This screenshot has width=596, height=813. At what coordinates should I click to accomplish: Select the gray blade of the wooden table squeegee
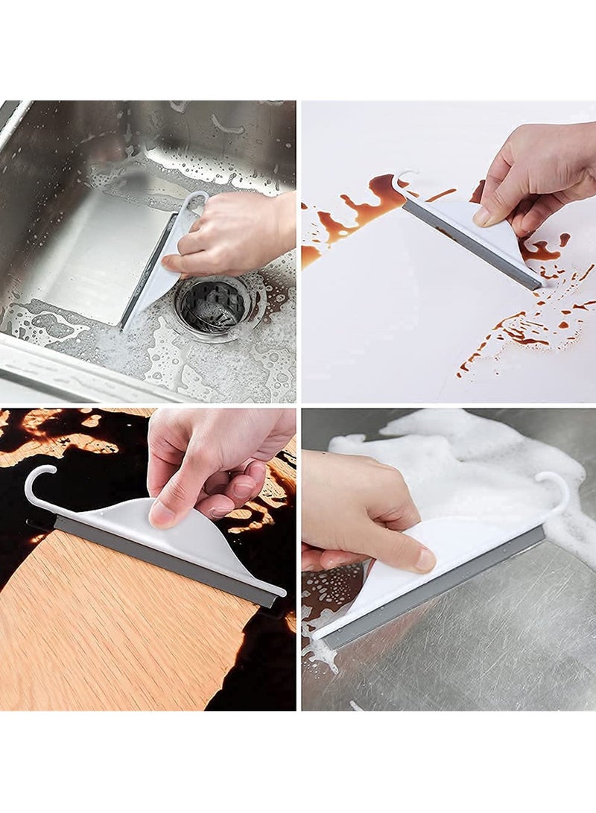(164, 559)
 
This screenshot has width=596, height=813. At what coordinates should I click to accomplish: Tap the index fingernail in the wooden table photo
(160, 514)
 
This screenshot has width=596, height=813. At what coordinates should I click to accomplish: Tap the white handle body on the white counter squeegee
(484, 231)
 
